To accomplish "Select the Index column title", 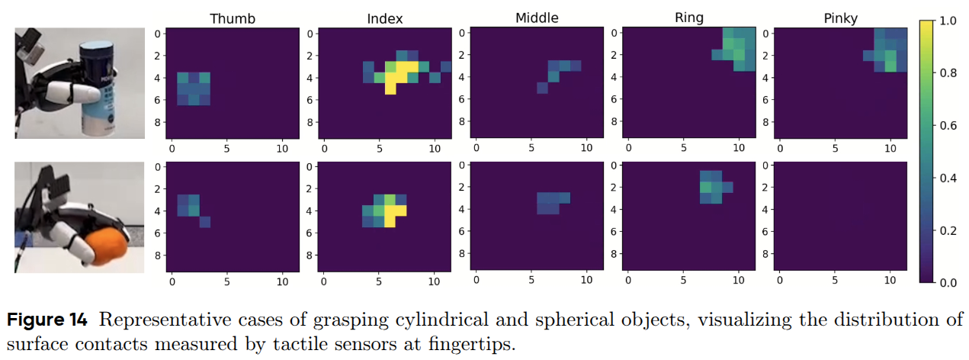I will click(384, 18).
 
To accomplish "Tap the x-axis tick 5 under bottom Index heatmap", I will click(379, 280).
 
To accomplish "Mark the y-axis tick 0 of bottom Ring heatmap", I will click(615, 165).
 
